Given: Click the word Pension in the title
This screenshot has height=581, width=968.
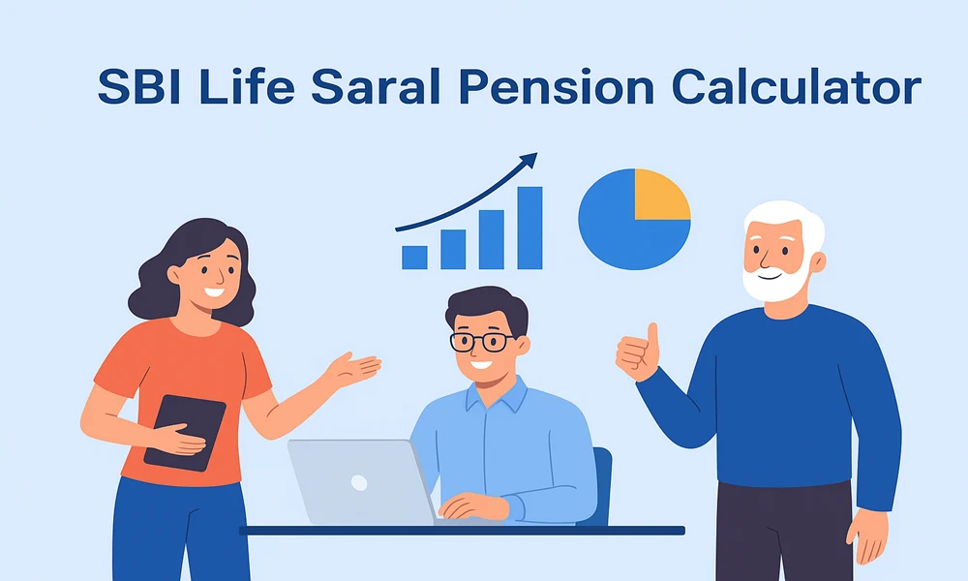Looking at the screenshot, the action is coord(557,86).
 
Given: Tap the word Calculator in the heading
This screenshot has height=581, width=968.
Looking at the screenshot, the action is coord(797,86).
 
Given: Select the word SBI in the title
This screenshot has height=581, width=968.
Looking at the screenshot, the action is coord(139,86).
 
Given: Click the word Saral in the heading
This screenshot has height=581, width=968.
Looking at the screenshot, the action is coord(376,86).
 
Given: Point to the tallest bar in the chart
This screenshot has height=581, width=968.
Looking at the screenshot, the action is coord(529,228).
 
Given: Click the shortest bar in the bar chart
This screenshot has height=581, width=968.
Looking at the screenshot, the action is coord(414,258).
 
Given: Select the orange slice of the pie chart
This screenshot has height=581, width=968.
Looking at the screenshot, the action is coord(662,194).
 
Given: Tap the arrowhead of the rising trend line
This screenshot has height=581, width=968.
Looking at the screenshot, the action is coord(529,161).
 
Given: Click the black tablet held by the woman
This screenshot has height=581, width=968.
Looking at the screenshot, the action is coord(185,433).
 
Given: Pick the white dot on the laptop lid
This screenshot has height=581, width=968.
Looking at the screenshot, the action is coord(359,482).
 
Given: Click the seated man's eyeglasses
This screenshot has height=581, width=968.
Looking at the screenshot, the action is coord(482,342).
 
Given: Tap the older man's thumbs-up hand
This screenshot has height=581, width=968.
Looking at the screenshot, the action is coord(638,353).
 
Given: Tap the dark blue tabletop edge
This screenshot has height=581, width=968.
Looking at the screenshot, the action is coord(462,531).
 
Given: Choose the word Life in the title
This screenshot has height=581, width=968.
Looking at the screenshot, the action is coord(247,86).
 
